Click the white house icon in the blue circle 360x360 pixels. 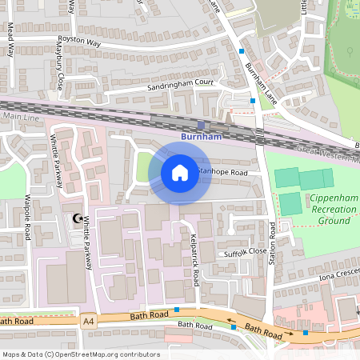click(x=180, y=172)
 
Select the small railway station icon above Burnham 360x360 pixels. click(x=201, y=125)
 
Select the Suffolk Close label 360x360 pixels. click(x=245, y=250)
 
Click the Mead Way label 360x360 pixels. click(x=11, y=40)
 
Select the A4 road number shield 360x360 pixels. click(x=88, y=320)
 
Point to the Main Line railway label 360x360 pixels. click(x=19, y=116)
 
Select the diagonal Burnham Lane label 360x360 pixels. click(x=260, y=76)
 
